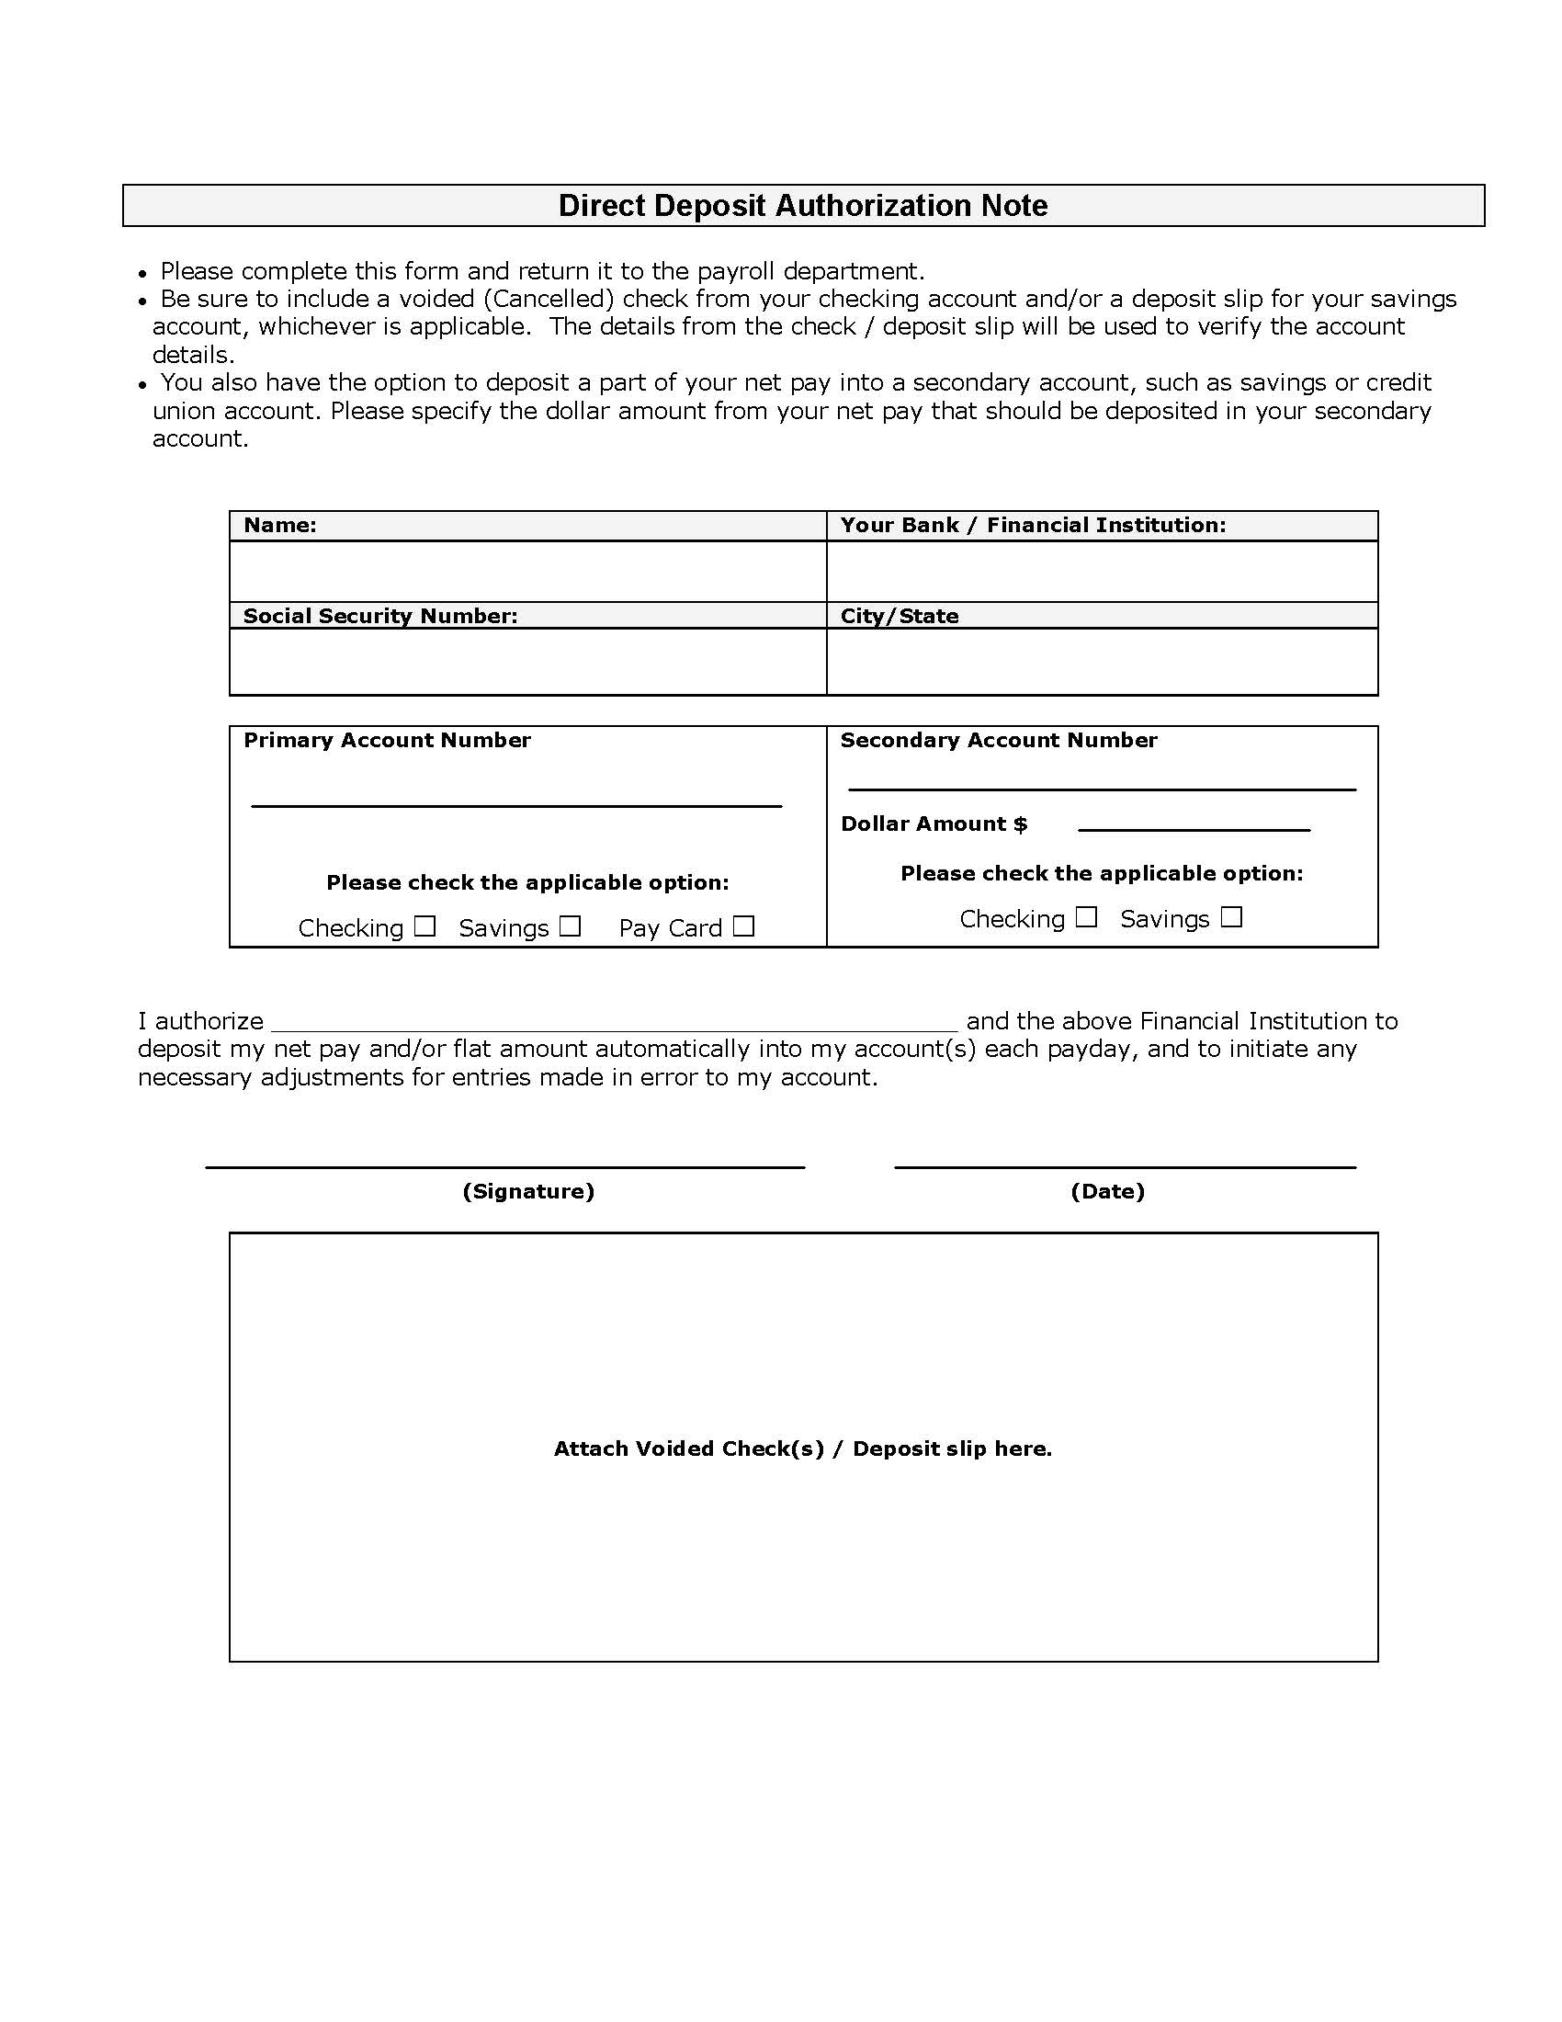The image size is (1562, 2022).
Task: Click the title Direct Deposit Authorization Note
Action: (x=802, y=206)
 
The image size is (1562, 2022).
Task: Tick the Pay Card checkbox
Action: (x=743, y=926)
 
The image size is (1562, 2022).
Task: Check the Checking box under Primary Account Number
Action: (x=424, y=926)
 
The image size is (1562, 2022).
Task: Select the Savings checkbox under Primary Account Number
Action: (x=570, y=926)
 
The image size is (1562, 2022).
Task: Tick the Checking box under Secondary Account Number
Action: (x=1086, y=916)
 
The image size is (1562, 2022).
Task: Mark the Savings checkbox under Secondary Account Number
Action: (x=1230, y=916)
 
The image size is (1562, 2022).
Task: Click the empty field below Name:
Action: (x=527, y=572)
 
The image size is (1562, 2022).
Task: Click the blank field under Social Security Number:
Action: (x=527, y=661)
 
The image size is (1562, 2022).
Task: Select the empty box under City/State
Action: (x=1101, y=661)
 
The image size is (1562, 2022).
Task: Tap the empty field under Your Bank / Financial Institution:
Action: (x=1101, y=572)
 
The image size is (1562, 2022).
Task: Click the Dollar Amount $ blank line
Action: (x=1194, y=823)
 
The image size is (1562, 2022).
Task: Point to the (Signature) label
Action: (x=527, y=1191)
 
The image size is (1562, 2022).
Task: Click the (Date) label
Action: (x=1108, y=1191)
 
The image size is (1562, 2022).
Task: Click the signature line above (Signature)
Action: (x=504, y=1161)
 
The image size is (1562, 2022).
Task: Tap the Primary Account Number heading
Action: (x=387, y=740)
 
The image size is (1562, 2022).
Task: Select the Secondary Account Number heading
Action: (x=999, y=740)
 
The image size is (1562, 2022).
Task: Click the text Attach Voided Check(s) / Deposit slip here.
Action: (x=802, y=1448)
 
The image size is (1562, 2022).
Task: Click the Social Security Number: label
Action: (x=380, y=617)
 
